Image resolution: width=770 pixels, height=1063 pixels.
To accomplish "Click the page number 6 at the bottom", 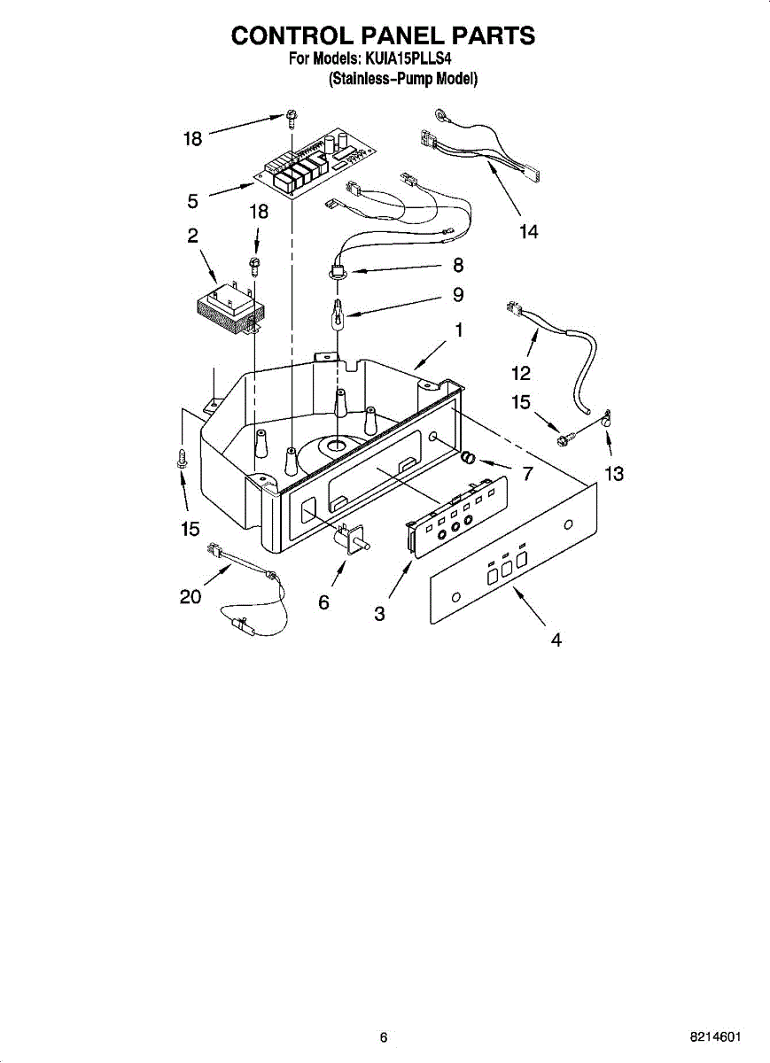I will [x=383, y=1037].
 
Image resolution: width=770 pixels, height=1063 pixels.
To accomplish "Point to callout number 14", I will [x=528, y=232].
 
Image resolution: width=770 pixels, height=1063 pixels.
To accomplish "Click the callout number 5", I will [x=193, y=201].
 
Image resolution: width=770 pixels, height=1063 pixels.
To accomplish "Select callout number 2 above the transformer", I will [x=192, y=236].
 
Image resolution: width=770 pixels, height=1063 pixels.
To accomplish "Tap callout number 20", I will [x=191, y=597].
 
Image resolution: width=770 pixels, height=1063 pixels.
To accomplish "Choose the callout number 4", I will [x=556, y=640].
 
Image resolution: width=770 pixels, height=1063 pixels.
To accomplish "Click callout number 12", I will [x=521, y=373].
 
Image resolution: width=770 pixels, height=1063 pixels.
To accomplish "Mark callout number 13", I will [x=614, y=474].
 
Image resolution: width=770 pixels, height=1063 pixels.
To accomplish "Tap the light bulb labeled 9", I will [x=338, y=314].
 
